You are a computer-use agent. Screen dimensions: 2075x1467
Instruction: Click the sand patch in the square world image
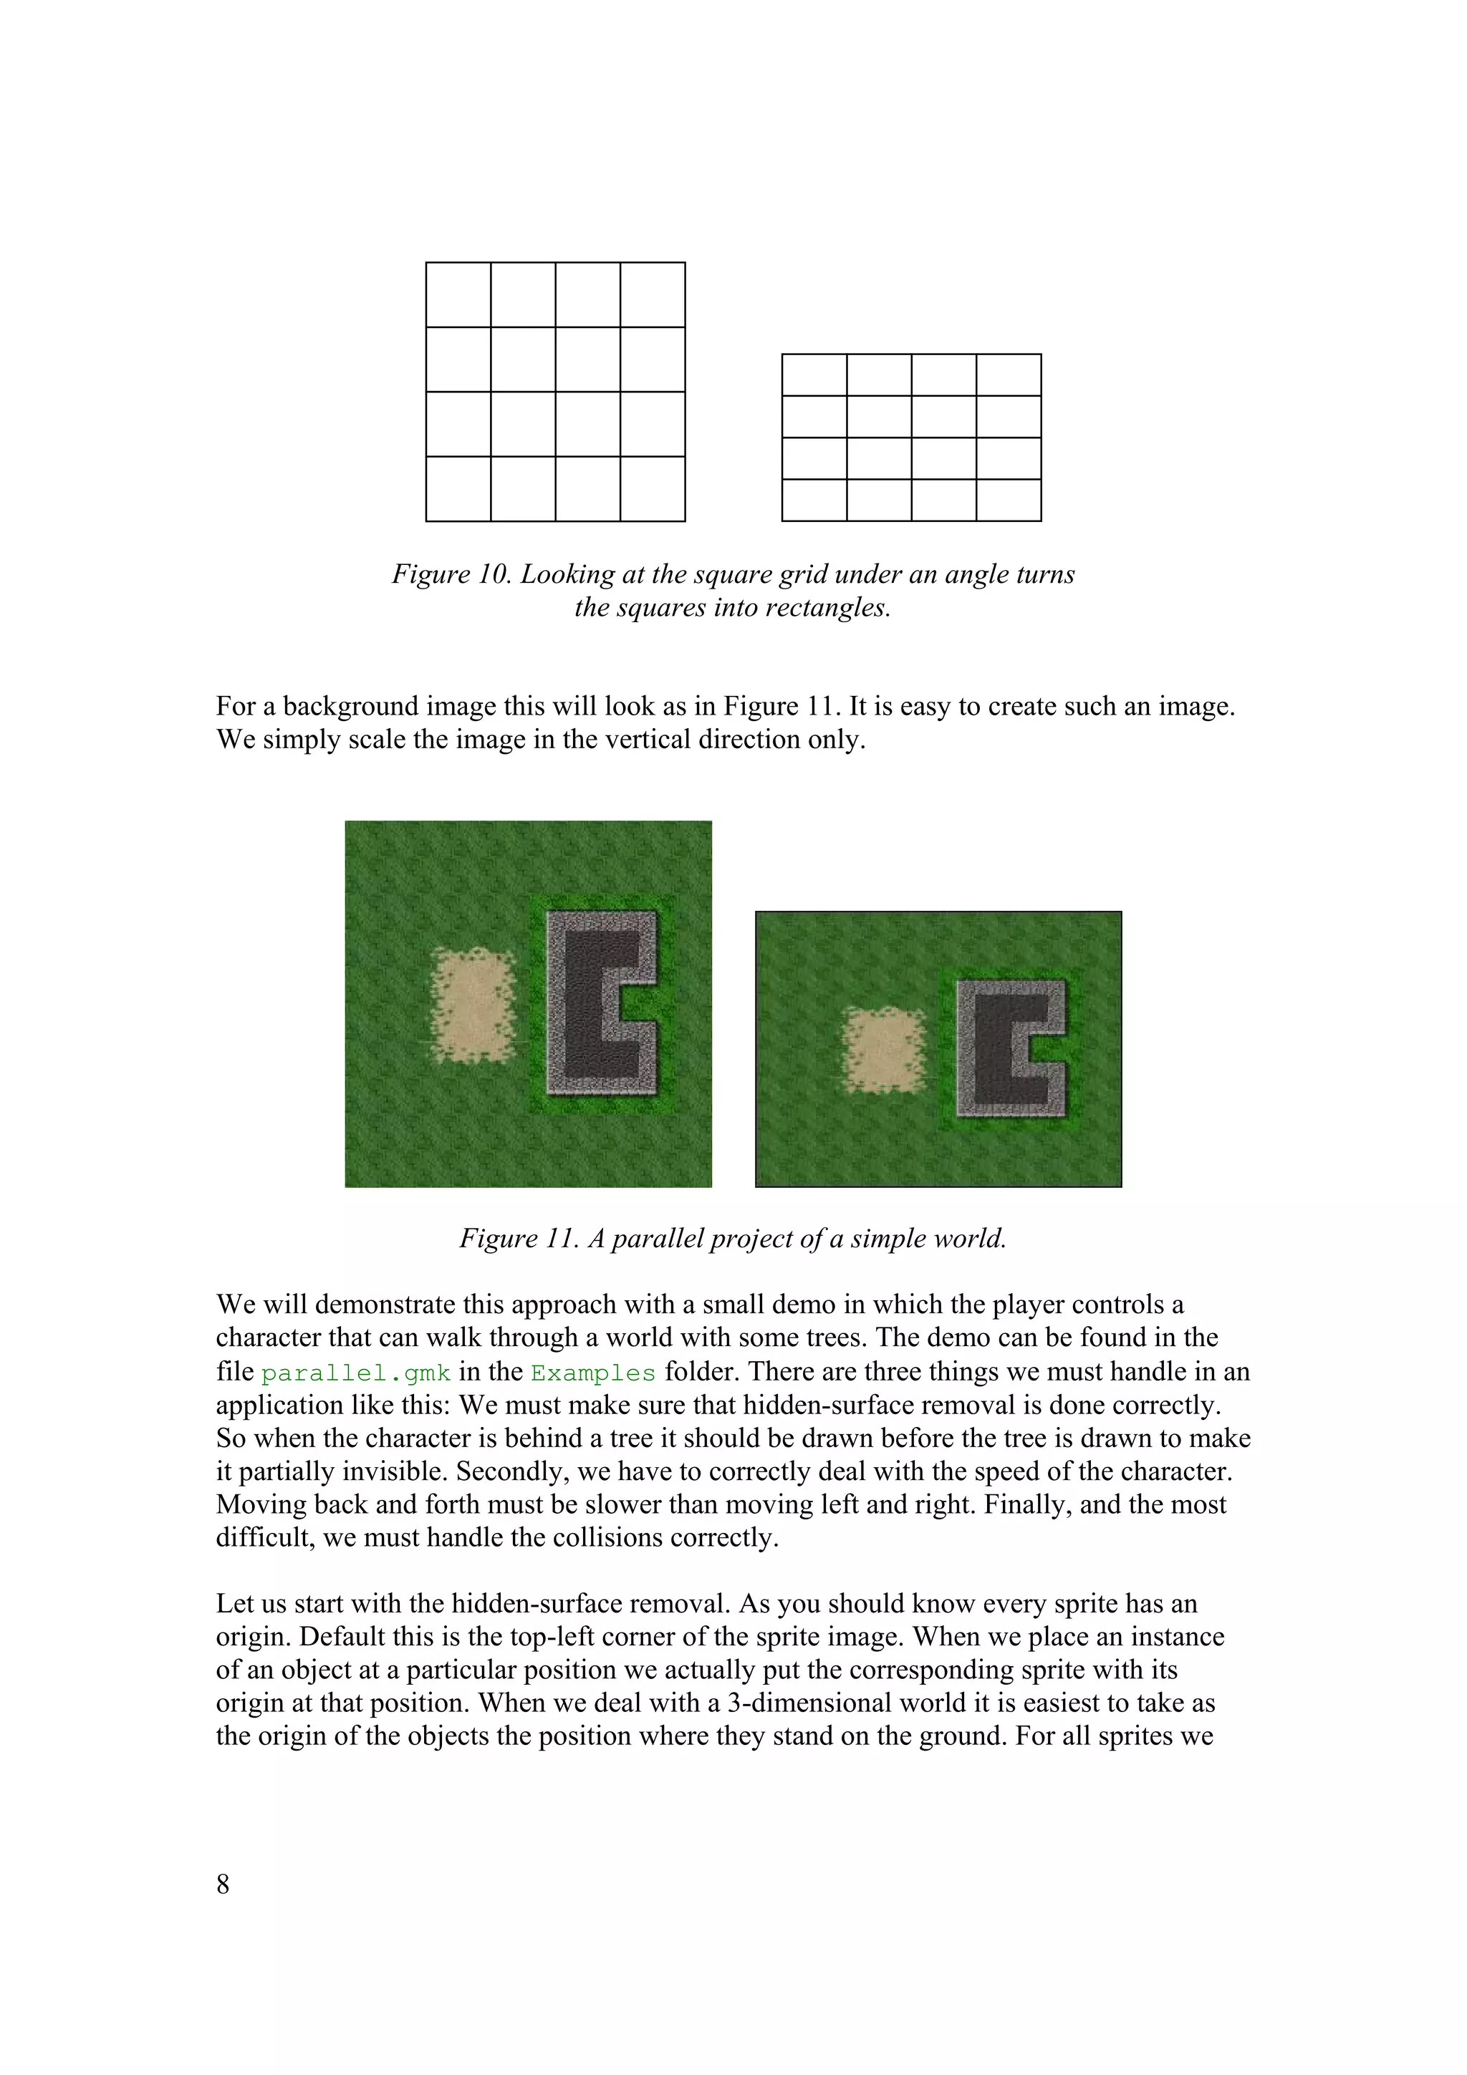[473, 1005]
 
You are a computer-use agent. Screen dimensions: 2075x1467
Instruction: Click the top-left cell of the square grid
[458, 294]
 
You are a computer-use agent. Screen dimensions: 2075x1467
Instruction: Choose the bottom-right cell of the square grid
[653, 489]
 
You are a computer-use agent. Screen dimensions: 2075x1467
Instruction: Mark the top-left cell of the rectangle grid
[814, 375]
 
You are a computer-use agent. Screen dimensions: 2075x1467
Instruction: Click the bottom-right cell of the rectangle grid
[1009, 500]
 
